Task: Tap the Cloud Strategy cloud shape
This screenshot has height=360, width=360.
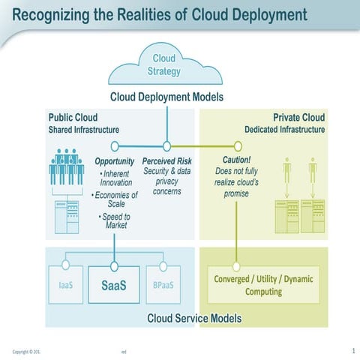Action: [166, 65]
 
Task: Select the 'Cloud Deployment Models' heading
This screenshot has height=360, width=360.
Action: [166, 97]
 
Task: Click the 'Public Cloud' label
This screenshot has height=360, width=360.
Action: [73, 118]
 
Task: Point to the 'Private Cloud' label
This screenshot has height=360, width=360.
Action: [298, 118]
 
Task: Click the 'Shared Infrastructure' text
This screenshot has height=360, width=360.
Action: [84, 130]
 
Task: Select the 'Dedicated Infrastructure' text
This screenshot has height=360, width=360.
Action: [284, 130]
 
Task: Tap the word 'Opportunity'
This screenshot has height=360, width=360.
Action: [115, 161]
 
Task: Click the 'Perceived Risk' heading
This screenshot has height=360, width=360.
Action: [166, 161]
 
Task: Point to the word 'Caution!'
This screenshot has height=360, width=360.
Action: [236, 160]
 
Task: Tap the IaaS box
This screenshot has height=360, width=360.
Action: [66, 286]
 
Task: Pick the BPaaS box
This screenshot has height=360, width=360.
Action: [163, 286]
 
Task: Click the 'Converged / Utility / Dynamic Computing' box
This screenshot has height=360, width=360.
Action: [263, 286]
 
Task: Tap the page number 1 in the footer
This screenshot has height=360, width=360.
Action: [352, 350]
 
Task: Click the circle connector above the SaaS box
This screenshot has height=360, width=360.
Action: [114, 265]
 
